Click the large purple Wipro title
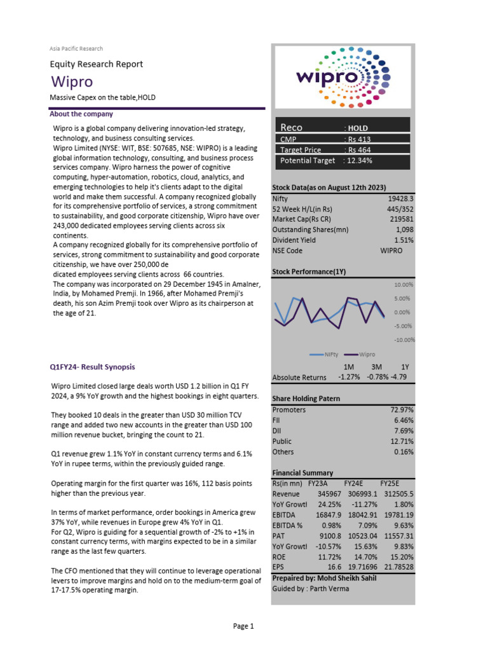[x=72, y=81]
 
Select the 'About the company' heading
[x=81, y=114]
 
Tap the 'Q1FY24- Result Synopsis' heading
[x=92, y=367]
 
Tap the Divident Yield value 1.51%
[x=403, y=240]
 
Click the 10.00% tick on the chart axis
[x=403, y=285]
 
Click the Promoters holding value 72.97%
[x=402, y=410]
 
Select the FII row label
[x=276, y=420]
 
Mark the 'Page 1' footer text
[x=243, y=626]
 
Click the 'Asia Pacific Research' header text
[x=76, y=48]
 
